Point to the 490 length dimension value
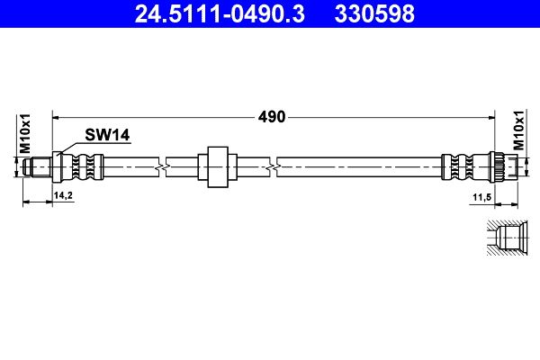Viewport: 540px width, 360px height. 273,116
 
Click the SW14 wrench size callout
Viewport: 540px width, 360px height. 108,135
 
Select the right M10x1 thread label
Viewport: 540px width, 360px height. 518,131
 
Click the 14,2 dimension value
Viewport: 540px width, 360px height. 64,194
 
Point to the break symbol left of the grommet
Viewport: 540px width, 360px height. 159,166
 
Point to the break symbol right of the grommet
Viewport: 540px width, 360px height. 274,166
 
